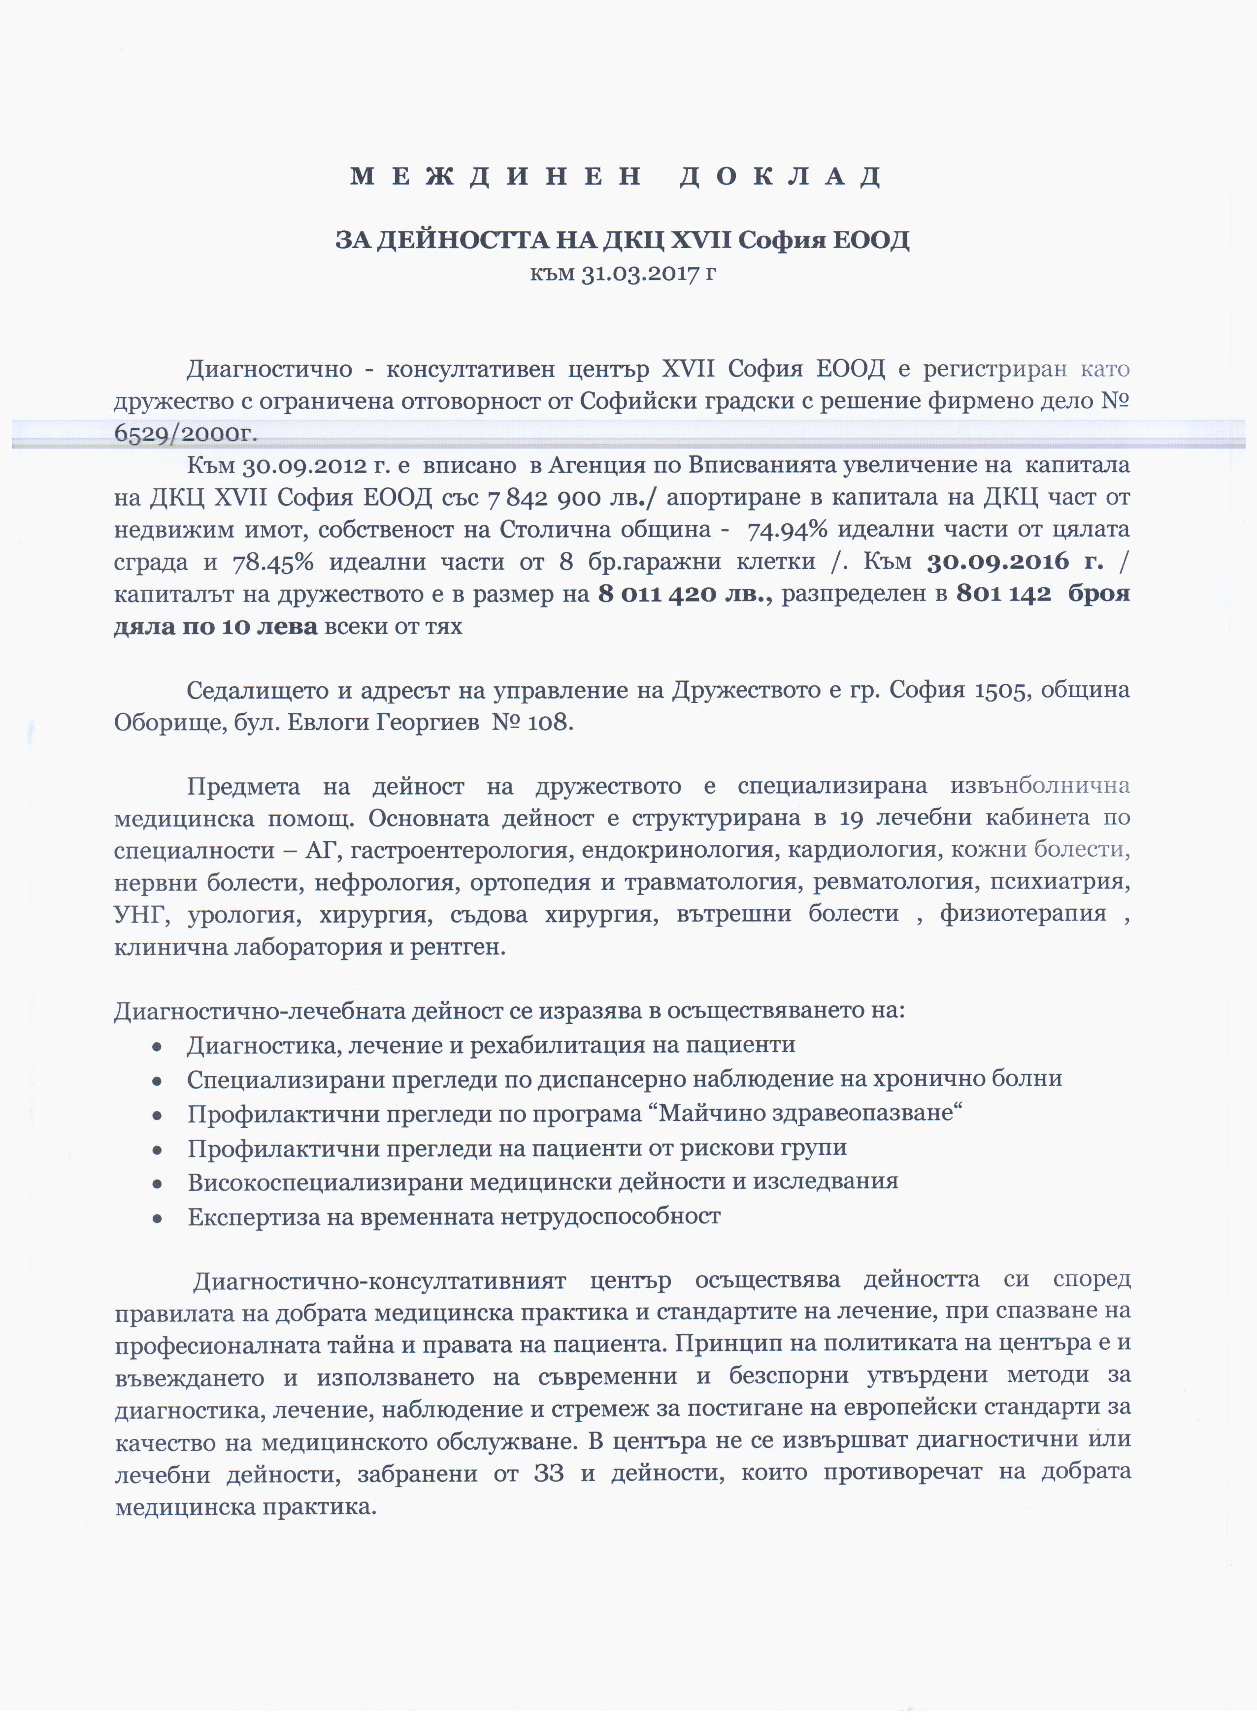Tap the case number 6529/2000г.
[x=185, y=434]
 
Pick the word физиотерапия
[x=1023, y=914]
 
